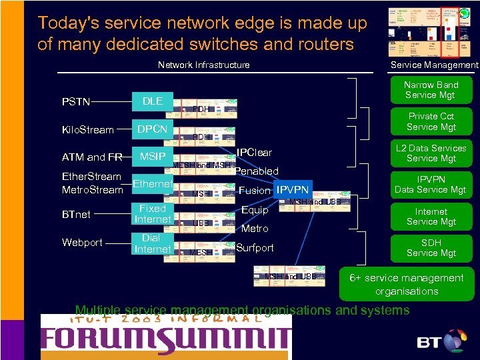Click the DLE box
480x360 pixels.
click(153, 101)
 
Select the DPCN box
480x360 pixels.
click(153, 129)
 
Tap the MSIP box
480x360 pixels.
click(153, 157)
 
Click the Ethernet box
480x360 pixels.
click(153, 183)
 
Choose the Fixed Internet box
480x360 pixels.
click(153, 214)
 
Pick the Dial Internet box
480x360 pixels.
click(153, 243)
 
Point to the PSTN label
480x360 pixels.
click(76, 102)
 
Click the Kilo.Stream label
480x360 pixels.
click(88, 130)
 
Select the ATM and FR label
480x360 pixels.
click(92, 158)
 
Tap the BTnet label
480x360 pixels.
click(76, 215)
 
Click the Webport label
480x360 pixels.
click(82, 243)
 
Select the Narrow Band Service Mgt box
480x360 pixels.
click(431, 90)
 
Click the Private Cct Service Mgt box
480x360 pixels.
click(431, 121)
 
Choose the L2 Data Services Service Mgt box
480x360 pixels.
click(431, 153)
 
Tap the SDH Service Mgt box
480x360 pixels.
click(431, 248)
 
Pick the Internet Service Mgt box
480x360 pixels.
click(431, 216)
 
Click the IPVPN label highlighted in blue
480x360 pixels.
click(293, 191)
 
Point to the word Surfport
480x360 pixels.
click(255, 248)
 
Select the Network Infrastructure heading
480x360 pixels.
click(203, 65)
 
